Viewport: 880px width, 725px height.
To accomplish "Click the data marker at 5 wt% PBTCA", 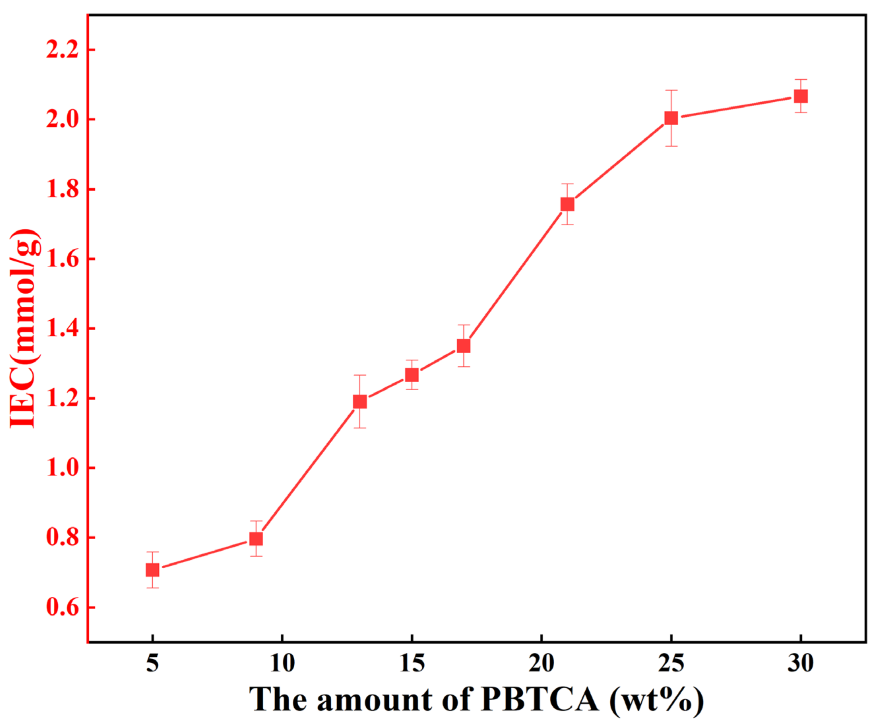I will pos(152,570).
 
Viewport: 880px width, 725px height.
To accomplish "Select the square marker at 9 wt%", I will pos(256,539).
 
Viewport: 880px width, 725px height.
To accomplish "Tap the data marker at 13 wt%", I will pos(360,402).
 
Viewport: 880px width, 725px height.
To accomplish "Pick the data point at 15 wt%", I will pos(412,375).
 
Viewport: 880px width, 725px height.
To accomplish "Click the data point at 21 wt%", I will pos(567,204).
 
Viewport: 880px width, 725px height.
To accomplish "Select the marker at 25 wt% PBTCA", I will pos(671,118).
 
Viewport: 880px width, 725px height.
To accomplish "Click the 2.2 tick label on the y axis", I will pos(62,50).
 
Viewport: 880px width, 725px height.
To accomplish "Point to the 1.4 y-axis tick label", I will pos(62,329).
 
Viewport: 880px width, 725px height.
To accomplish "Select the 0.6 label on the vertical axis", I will pos(62,607).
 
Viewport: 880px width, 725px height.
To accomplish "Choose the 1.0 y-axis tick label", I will pos(62,468).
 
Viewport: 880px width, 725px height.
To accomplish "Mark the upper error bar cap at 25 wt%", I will pos(671,90).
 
